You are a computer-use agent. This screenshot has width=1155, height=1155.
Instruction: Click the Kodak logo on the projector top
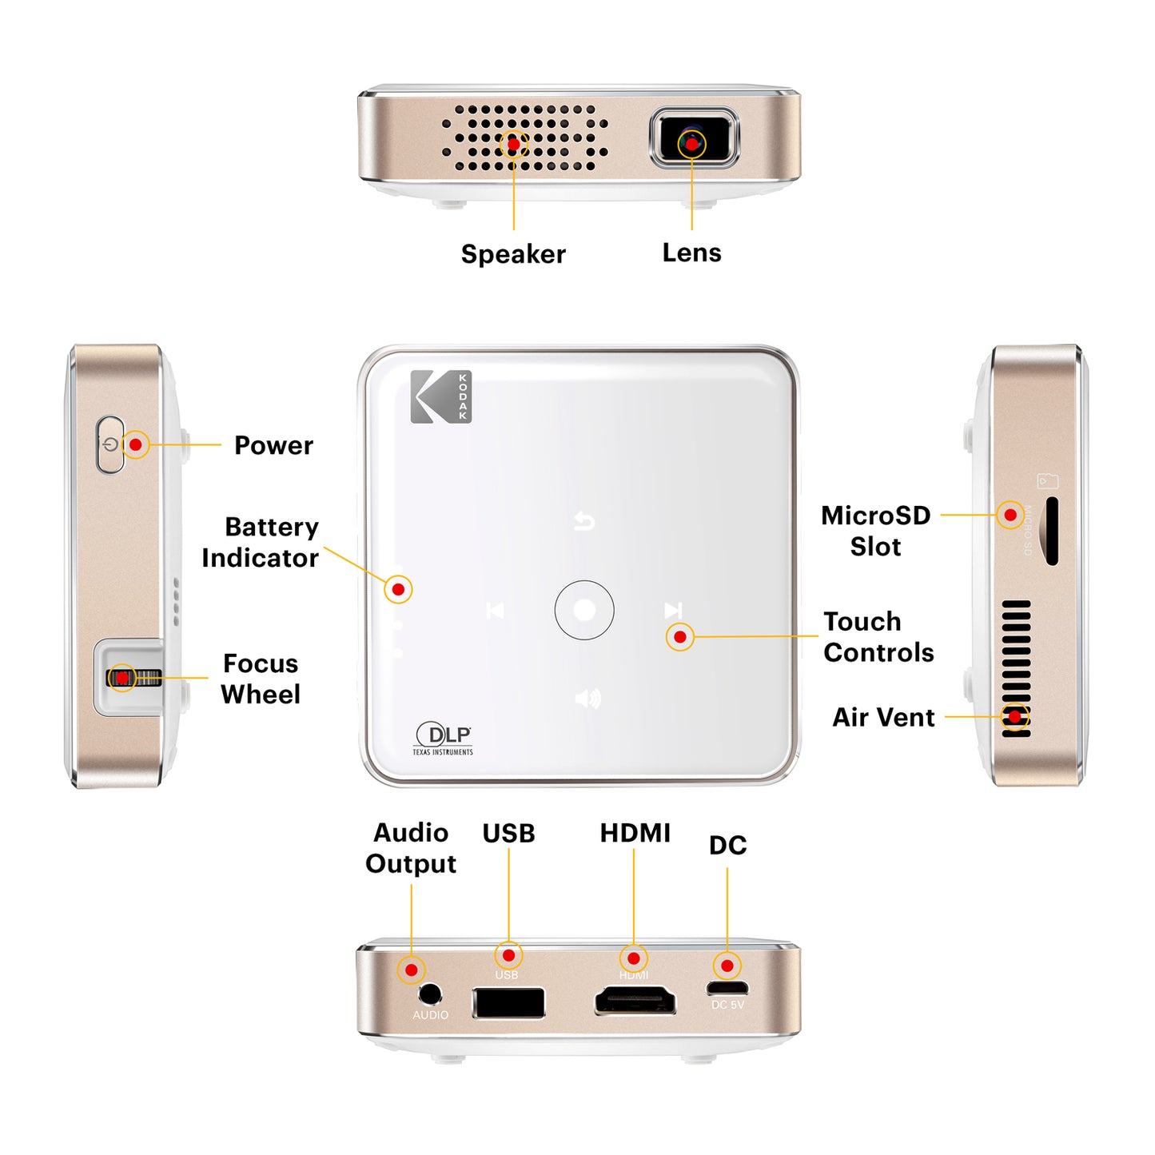440,396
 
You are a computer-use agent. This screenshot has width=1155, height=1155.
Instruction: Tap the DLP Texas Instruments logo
444,739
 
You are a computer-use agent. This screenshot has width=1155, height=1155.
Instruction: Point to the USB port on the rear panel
508,1002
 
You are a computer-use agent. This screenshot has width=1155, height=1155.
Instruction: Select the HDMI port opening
635,1001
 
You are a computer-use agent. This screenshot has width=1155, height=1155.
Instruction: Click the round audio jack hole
430,994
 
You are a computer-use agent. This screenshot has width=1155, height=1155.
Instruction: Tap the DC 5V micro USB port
727,988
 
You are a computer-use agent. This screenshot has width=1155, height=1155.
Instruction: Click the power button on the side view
110,444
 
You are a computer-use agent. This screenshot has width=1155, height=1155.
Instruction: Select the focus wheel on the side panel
134,678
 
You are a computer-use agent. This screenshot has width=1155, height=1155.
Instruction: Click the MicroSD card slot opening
1052,531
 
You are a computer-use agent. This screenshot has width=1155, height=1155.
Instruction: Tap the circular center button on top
584,610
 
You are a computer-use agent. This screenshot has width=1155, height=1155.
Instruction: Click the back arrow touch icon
584,522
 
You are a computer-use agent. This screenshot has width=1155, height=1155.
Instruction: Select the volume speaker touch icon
587,699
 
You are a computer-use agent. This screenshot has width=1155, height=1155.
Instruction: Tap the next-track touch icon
673,610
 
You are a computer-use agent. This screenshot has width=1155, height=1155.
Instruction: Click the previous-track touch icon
495,611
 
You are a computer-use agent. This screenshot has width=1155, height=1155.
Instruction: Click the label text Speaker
513,254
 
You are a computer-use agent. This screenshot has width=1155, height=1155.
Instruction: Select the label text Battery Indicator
261,542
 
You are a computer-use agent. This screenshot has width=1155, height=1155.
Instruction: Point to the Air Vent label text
883,717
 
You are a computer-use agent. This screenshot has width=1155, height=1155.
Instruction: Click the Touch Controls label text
878,636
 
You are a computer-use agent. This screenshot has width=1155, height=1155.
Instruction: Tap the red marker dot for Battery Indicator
398,589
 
